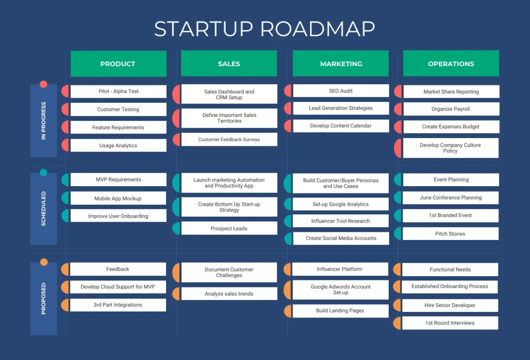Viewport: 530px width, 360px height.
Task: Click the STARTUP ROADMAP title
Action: click(264, 29)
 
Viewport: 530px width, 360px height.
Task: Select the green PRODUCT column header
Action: click(118, 64)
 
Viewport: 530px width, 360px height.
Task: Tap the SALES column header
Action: click(229, 64)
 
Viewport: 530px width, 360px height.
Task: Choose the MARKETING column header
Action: click(341, 64)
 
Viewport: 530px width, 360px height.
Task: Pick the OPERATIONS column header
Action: click(451, 64)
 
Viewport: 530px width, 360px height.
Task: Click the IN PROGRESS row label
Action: click(43, 121)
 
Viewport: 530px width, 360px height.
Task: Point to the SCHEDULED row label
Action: click(43, 208)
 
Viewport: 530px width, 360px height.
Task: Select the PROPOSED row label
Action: click(43, 298)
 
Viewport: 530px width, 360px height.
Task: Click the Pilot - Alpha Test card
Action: click(119, 92)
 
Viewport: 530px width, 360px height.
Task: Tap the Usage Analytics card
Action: click(119, 146)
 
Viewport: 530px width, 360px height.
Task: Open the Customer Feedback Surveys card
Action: click(229, 140)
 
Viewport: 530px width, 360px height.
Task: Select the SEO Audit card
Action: click(341, 91)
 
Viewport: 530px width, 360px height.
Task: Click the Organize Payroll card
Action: click(451, 109)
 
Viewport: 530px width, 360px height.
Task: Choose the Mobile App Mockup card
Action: click(118, 199)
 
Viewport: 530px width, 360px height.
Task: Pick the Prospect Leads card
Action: click(229, 229)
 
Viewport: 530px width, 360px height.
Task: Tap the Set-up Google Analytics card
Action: click(341, 204)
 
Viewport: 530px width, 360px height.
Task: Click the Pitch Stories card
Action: click(450, 234)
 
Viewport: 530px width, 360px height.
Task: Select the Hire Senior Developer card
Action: click(450, 305)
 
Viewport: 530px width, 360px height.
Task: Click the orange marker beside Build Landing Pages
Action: click(288, 311)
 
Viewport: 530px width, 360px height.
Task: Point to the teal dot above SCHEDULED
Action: click(43, 173)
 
